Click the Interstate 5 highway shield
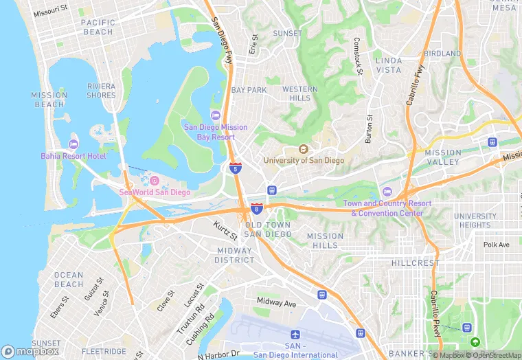coord(236,168)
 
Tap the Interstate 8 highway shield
coord(257,208)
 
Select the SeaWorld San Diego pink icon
coord(154,181)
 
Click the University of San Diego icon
coord(304,149)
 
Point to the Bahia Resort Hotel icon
coord(73,144)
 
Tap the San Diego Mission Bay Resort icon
coord(215,115)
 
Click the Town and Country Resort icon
coord(387,191)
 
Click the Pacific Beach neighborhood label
coord(98,27)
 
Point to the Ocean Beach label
coord(69,280)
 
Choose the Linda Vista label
coord(389,66)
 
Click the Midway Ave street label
coord(276,302)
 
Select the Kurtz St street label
coord(225,230)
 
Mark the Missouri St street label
coord(51,12)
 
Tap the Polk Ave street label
coord(496,245)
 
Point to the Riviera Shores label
coord(102,91)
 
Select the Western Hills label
coord(300,94)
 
